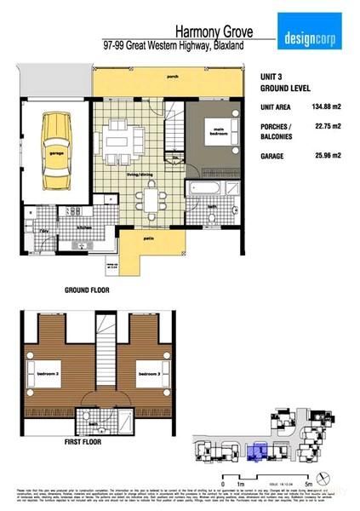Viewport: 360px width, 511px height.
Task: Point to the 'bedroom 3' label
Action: (149, 372)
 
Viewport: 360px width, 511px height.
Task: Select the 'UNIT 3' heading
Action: (273, 76)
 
